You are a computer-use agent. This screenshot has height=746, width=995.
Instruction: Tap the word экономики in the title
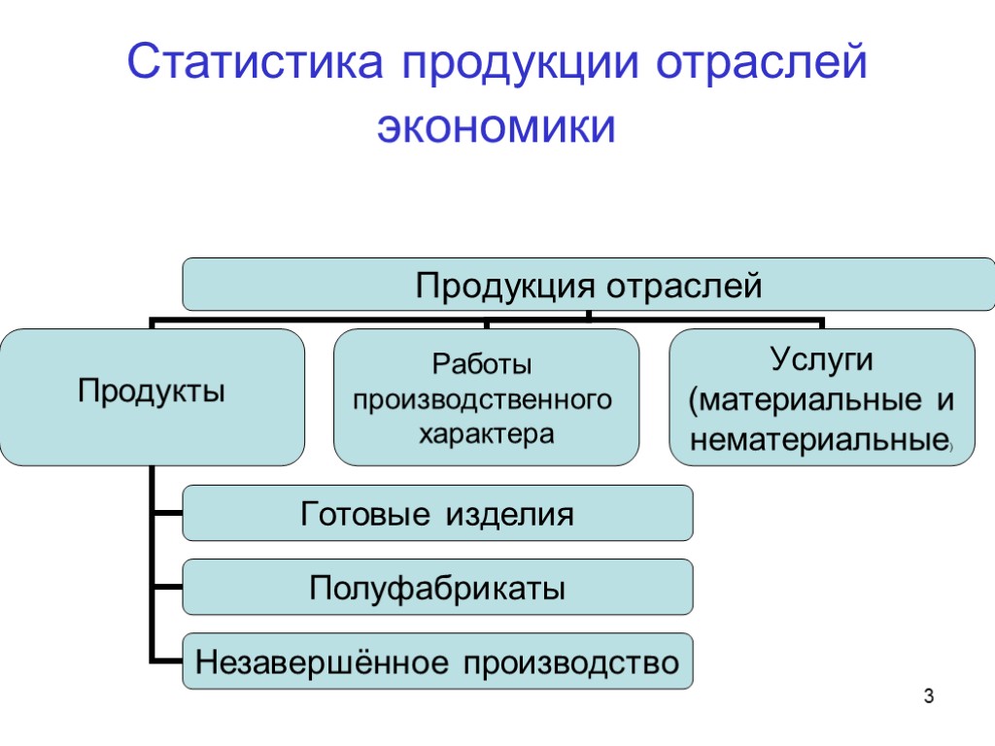click(x=497, y=127)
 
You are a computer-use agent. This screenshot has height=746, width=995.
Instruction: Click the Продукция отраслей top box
click(x=590, y=285)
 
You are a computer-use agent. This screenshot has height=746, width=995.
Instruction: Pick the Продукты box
click(x=152, y=396)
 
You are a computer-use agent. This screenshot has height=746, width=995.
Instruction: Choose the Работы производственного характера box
click(x=486, y=396)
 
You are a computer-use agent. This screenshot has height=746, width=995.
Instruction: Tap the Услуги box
click(x=822, y=396)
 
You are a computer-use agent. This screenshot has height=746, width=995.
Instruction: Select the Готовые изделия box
click(x=437, y=513)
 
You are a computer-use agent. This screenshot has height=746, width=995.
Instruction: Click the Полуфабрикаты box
click(x=437, y=587)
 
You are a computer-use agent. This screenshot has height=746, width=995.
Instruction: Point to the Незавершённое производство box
click(x=437, y=662)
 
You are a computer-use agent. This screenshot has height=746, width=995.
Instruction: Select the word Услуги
click(x=822, y=359)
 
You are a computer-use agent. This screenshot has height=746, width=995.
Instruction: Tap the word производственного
click(x=482, y=399)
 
